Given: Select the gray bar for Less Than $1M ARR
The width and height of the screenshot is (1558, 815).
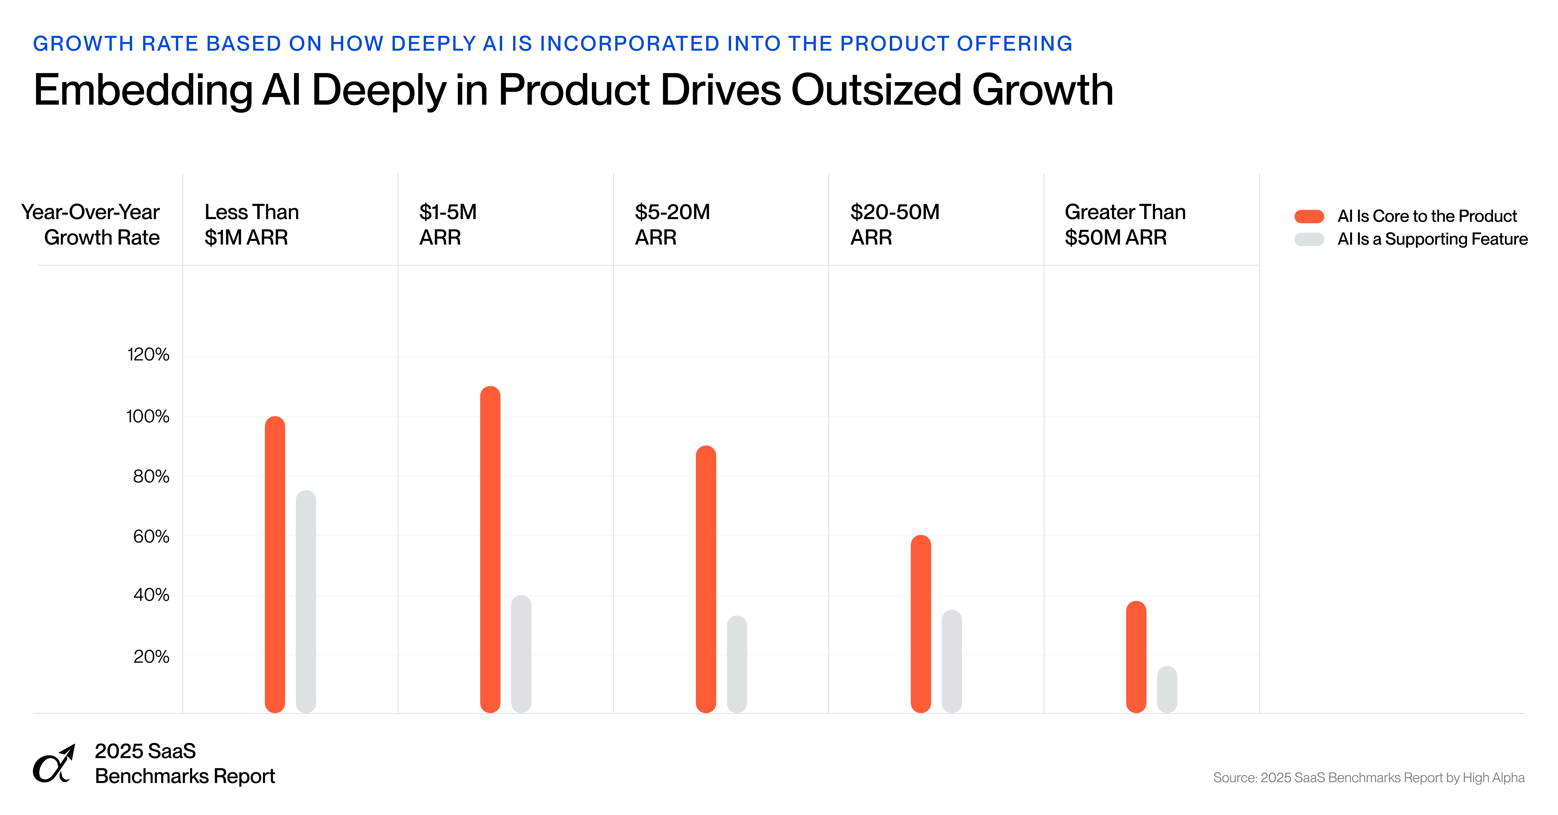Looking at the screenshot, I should [x=306, y=602].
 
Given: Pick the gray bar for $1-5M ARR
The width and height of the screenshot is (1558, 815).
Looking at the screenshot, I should [x=521, y=654].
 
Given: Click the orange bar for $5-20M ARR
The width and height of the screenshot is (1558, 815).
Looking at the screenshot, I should [x=706, y=579].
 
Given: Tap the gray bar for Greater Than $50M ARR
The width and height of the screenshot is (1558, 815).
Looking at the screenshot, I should [x=1167, y=689].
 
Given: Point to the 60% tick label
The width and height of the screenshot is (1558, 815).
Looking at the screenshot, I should [x=151, y=536].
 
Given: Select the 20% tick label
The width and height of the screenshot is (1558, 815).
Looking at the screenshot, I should [x=151, y=657].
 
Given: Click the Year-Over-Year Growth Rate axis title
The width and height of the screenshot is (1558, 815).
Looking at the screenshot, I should [x=91, y=224].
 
